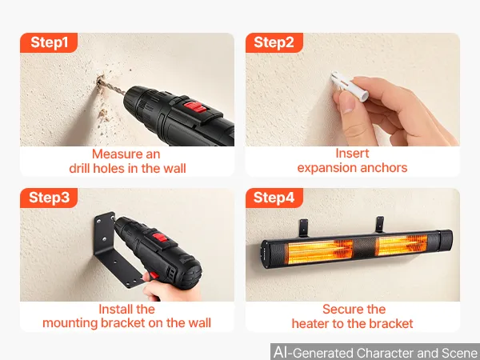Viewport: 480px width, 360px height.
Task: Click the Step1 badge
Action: [x=49, y=42]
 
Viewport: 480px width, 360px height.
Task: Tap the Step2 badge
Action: [x=274, y=42]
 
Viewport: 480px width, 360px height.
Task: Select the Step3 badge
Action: [x=49, y=198]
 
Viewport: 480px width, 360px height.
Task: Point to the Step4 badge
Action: [x=274, y=198]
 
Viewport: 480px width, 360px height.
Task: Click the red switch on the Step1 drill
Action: [x=194, y=107]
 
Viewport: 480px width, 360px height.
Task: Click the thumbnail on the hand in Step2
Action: [x=346, y=102]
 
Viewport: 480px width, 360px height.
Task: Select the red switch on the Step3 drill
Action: [x=160, y=238]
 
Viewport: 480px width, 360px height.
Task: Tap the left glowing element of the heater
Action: [x=320, y=251]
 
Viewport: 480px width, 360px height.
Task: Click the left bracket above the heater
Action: [x=304, y=228]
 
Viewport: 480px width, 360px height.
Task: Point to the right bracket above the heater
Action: [x=379, y=224]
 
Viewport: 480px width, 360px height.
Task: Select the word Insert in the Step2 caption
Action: [x=352, y=154]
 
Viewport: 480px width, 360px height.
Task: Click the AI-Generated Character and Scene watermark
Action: [x=376, y=352]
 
